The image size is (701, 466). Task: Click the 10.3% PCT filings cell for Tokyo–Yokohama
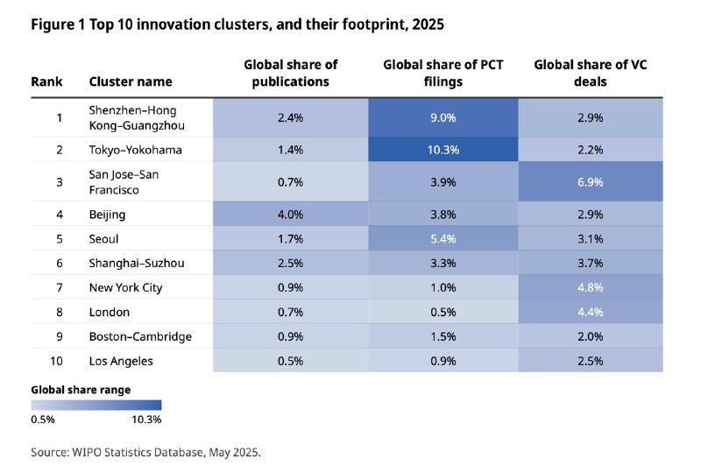(443, 149)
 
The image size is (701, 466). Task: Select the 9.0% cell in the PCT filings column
(443, 117)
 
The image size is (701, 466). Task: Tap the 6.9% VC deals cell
(590, 182)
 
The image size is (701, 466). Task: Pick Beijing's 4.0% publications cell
(290, 215)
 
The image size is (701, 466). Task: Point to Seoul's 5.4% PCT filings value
(443, 238)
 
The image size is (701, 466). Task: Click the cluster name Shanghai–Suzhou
(137, 263)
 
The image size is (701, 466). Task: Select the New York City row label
(125, 287)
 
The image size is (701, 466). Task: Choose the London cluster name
(109, 312)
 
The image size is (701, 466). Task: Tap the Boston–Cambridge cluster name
(140, 336)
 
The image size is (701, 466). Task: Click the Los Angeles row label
(121, 361)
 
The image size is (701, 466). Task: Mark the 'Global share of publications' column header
(290, 74)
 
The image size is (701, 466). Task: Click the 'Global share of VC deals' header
(590, 74)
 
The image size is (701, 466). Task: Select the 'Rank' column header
(46, 81)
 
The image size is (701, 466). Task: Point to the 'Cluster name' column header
(131, 81)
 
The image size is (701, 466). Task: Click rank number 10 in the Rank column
(56, 361)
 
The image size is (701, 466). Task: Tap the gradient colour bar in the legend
(96, 405)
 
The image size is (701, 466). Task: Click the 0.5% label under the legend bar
(43, 420)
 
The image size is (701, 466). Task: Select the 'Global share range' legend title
(81, 390)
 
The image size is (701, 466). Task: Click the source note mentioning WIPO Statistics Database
(145, 452)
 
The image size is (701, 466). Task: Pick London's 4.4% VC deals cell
(590, 312)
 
